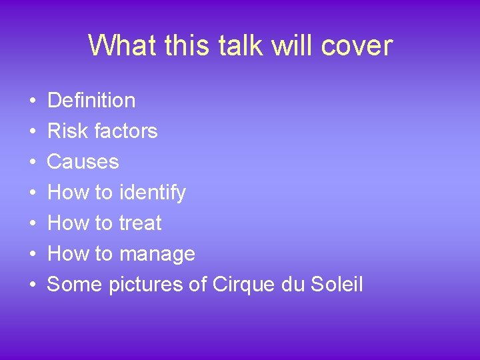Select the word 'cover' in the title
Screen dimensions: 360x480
click(x=357, y=45)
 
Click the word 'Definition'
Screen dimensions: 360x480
click(x=91, y=101)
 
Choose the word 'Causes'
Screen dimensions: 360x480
click(x=83, y=162)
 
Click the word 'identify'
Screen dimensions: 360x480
click(x=152, y=193)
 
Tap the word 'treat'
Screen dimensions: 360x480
click(x=140, y=223)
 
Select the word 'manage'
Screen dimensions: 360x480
click(x=157, y=254)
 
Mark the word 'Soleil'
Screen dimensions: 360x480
click(x=337, y=285)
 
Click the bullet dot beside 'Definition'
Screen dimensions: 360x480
click(x=33, y=101)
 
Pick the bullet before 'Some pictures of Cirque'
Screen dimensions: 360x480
click(x=33, y=285)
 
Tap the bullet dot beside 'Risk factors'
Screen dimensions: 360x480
click(x=33, y=132)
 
